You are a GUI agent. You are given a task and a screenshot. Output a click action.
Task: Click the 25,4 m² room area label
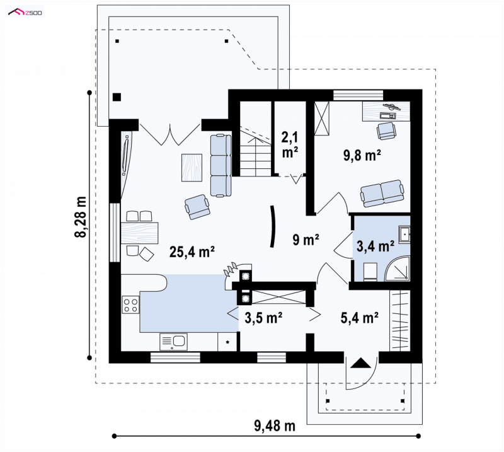click(x=192, y=252)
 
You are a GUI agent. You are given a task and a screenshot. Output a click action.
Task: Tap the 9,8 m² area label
click(x=362, y=155)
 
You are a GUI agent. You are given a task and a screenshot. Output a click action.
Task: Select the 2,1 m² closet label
click(x=290, y=145)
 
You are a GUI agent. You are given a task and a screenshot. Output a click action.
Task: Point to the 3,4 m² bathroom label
click(x=375, y=246)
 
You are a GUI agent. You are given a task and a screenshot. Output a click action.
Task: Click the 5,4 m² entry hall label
click(x=359, y=318)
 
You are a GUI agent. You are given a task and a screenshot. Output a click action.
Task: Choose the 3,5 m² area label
click(x=263, y=318)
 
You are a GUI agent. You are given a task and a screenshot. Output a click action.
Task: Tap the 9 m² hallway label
click(x=306, y=240)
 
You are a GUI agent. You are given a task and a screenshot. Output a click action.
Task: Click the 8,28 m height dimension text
click(x=81, y=216)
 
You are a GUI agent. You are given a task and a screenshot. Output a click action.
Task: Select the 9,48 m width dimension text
click(x=275, y=426)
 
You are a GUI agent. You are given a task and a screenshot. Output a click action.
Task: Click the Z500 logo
click(x=25, y=13)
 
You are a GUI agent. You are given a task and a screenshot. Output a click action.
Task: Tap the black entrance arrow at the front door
click(x=360, y=363)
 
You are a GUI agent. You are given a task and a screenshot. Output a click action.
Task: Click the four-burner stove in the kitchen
click(x=130, y=305)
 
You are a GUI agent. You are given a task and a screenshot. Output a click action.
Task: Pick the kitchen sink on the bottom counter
click(x=174, y=341)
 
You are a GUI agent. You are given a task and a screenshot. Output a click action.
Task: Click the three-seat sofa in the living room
click(x=221, y=165)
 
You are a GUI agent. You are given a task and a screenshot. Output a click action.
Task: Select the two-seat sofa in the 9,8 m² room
click(x=382, y=193)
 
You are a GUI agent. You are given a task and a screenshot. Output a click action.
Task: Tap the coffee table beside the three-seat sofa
click(x=192, y=168)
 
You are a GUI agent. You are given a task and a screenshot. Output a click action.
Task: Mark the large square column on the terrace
click(x=117, y=97)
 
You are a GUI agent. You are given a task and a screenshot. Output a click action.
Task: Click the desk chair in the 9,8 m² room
click(x=386, y=131)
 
